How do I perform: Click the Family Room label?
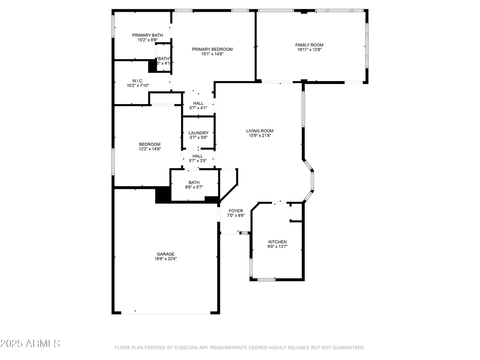point(309,45)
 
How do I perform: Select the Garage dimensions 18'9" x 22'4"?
point(165,258)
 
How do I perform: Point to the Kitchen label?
point(277,242)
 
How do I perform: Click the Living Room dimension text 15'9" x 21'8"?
point(260,135)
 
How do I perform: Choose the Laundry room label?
point(198,133)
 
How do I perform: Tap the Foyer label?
point(235,211)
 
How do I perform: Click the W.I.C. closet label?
point(137,81)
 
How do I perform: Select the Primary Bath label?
point(147,35)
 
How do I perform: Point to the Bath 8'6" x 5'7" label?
point(194,183)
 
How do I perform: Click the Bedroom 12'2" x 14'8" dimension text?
point(150,149)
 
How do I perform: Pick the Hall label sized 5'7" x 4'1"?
point(198,103)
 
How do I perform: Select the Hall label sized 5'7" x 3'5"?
point(197,156)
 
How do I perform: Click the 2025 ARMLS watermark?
point(30,344)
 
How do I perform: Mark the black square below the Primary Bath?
point(152,66)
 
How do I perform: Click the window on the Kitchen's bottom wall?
point(266,280)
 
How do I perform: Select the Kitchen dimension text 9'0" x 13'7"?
point(277,247)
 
